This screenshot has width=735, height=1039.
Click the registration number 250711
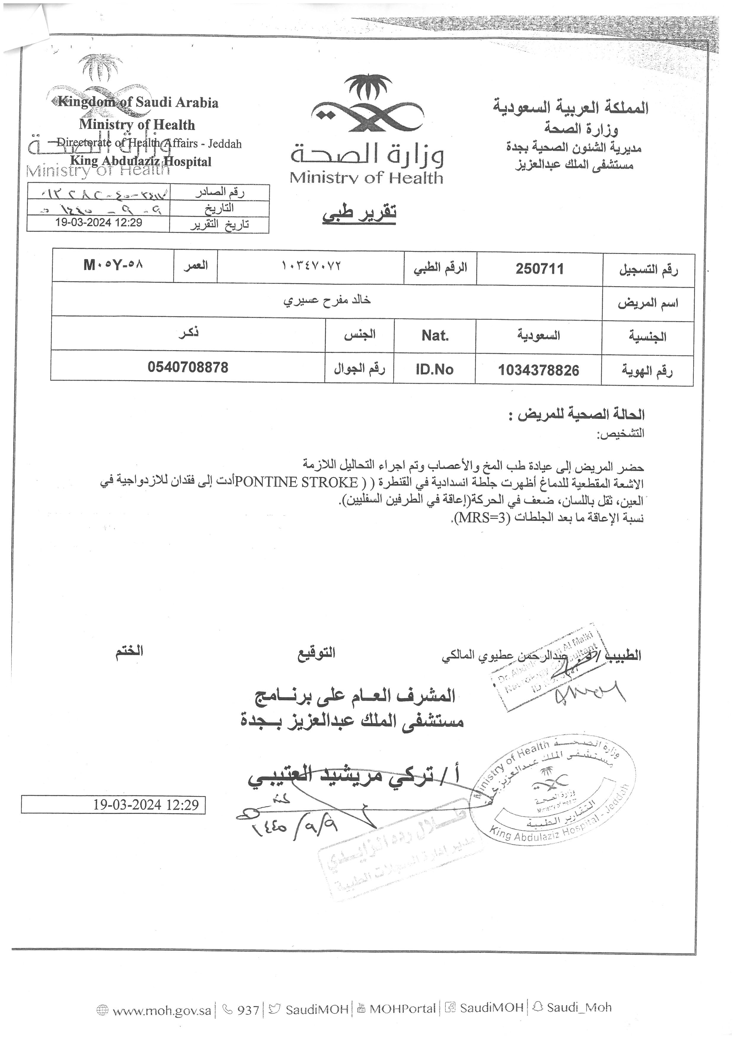coord(539,269)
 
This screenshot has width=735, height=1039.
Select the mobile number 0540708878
coord(188,367)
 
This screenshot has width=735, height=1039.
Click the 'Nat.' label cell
coord(435,336)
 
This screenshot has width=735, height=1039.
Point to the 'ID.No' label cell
coord(434,370)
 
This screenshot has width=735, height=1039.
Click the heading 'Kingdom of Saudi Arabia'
coord(138,103)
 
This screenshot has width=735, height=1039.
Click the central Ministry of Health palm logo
coord(367,104)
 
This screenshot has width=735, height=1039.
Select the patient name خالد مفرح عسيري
coord(327,300)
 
